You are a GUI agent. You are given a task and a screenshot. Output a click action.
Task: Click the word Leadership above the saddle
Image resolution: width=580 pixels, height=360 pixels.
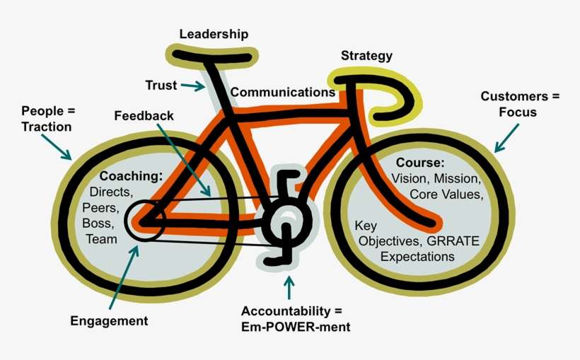(x=214, y=34)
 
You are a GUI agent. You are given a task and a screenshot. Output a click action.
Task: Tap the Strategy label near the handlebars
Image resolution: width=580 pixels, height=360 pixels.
(x=366, y=56)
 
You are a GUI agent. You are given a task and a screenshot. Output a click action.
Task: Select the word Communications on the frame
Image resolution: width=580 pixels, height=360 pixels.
(x=282, y=92)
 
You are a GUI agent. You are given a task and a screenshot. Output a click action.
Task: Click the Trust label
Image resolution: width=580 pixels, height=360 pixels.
(x=161, y=86)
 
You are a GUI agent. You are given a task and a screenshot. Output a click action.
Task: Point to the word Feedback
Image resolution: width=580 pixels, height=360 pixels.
(x=144, y=115)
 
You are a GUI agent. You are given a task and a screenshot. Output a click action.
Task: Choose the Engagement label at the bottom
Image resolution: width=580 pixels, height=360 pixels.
(x=109, y=321)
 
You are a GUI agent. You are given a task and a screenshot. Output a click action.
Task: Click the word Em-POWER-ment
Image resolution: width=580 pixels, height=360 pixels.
(x=296, y=327)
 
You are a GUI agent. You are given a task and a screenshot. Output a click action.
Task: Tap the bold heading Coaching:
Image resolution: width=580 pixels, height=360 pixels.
(x=131, y=175)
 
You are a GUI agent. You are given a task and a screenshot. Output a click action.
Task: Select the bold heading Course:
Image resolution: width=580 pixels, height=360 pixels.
(x=419, y=163)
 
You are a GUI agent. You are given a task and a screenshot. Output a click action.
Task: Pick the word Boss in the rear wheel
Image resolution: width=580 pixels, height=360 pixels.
(x=98, y=224)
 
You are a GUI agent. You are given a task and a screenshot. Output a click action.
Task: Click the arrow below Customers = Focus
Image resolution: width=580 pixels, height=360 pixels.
(x=507, y=137)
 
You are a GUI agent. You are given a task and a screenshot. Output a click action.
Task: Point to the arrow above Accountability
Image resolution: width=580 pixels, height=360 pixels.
(x=288, y=286)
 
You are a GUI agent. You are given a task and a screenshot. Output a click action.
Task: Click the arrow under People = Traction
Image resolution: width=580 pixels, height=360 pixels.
(x=56, y=146)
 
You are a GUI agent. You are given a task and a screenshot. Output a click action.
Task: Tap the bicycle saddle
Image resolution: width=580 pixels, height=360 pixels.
(x=210, y=54)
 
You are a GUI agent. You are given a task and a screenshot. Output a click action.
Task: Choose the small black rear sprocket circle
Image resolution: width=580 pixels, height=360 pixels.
(x=145, y=220)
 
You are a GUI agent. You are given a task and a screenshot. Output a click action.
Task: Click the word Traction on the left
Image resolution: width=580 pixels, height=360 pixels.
(x=47, y=127)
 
